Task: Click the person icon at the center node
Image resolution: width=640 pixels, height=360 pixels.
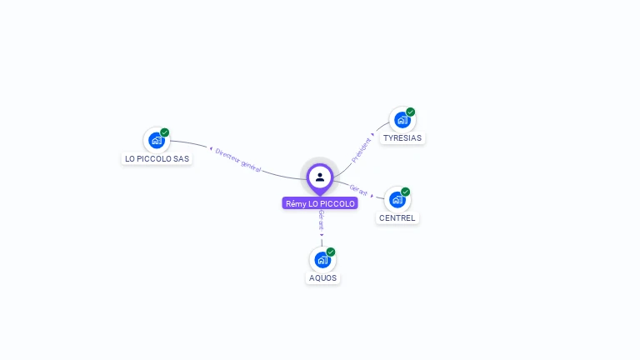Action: tap(320, 177)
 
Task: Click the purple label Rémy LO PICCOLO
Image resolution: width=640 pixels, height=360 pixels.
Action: tap(320, 203)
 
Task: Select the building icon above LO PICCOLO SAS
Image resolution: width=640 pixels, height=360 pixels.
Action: tap(156, 140)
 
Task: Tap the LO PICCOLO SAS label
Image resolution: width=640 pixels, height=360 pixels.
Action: tap(157, 158)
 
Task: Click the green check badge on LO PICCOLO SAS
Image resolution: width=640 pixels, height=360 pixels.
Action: tap(165, 132)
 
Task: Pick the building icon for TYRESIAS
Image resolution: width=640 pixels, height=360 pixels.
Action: tap(402, 120)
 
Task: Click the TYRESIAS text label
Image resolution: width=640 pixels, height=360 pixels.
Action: tap(402, 138)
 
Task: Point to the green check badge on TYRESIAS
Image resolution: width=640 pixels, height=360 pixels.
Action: tap(411, 112)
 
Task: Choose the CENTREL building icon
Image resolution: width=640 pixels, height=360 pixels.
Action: tap(397, 200)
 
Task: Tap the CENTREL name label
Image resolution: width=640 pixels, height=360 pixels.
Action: tap(397, 218)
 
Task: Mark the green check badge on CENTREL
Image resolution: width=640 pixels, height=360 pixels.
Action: tap(406, 192)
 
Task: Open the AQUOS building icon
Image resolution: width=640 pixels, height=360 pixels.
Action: tap(322, 260)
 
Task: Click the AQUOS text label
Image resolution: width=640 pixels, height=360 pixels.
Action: tap(323, 278)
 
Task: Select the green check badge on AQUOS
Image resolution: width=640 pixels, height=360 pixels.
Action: tap(331, 252)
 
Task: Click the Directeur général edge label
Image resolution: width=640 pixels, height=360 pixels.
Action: tap(238, 159)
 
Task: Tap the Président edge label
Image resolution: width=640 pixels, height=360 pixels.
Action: tap(361, 149)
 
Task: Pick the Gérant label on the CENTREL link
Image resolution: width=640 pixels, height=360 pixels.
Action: tap(358, 190)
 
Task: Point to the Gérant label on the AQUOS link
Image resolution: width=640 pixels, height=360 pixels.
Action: tap(321, 220)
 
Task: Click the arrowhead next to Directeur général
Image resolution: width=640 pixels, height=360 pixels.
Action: tap(211, 149)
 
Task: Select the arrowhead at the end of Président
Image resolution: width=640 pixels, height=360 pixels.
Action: tap(372, 135)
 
